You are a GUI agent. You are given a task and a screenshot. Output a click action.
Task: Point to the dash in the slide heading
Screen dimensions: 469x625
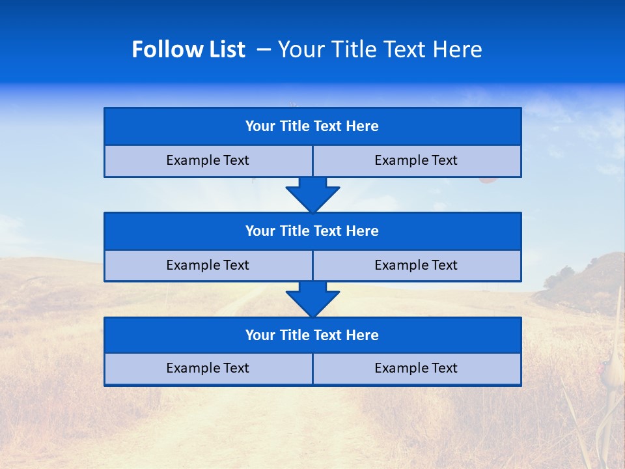pos(264,50)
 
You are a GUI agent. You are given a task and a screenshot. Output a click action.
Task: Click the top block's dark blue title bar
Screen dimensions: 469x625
pos(312,126)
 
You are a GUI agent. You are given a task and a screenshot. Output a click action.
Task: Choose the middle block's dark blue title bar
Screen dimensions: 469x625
pos(312,231)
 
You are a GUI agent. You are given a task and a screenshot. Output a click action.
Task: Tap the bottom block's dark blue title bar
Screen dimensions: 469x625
pos(312,335)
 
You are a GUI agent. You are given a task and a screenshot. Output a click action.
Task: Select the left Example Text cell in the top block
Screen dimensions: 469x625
pos(208,161)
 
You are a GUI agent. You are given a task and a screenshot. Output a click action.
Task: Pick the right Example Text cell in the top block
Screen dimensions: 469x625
pos(417,161)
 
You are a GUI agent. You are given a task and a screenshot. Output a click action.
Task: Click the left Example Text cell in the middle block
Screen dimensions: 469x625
pos(208,266)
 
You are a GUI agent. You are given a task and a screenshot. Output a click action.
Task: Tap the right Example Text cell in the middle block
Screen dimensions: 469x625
pos(417,266)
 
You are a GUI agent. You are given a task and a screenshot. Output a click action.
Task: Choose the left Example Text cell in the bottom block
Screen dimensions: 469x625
pos(208,369)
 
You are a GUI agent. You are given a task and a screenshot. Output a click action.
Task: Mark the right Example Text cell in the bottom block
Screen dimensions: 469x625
pos(417,369)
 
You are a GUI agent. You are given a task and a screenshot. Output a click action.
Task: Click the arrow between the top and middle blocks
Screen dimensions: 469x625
pos(312,194)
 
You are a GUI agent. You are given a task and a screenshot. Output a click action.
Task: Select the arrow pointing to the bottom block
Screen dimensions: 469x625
pos(312,299)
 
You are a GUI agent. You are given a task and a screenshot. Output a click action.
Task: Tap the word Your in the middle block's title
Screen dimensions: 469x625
pos(260,231)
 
